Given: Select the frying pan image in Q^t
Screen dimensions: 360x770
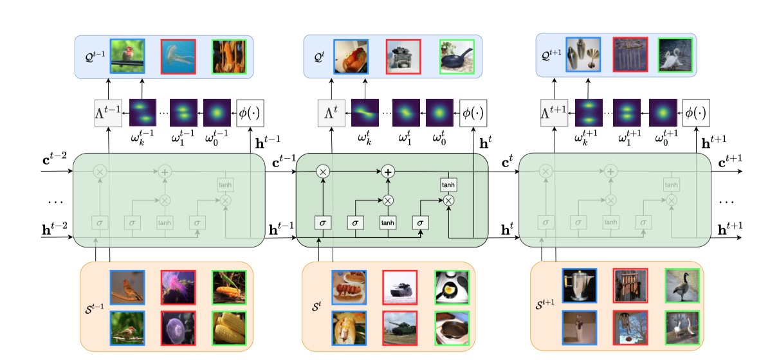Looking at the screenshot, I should [x=456, y=57].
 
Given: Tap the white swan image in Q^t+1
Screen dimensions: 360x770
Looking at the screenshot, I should [x=675, y=54].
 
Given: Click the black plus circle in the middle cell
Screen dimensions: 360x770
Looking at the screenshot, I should [x=388, y=172].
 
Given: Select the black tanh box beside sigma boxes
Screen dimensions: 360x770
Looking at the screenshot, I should [x=387, y=222].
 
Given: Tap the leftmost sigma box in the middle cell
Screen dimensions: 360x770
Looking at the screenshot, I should [x=323, y=222].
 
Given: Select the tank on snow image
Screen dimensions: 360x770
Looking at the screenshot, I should [x=399, y=287].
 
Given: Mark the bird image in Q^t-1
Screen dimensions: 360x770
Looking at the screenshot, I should [x=126, y=56].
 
